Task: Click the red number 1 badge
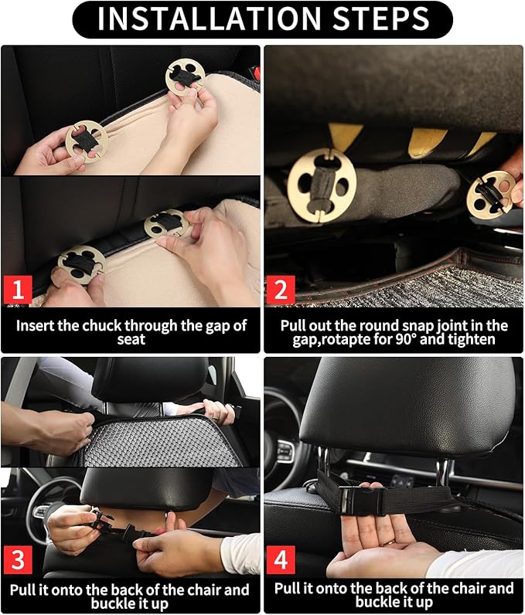(19, 291)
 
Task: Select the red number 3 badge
(19, 557)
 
